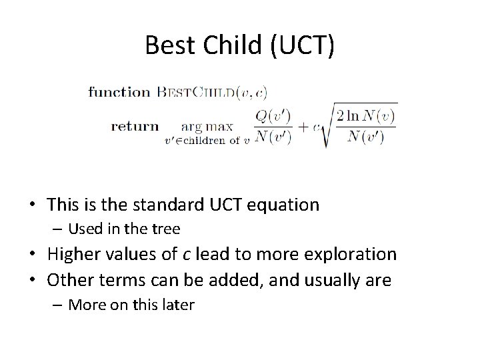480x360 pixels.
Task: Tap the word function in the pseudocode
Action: coord(119,92)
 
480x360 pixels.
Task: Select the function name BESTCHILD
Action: coord(200,92)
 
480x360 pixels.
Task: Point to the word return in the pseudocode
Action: coord(135,125)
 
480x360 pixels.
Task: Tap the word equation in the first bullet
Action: coord(283,205)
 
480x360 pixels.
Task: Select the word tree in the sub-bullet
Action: coord(166,229)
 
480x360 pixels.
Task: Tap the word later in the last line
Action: coord(179,305)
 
